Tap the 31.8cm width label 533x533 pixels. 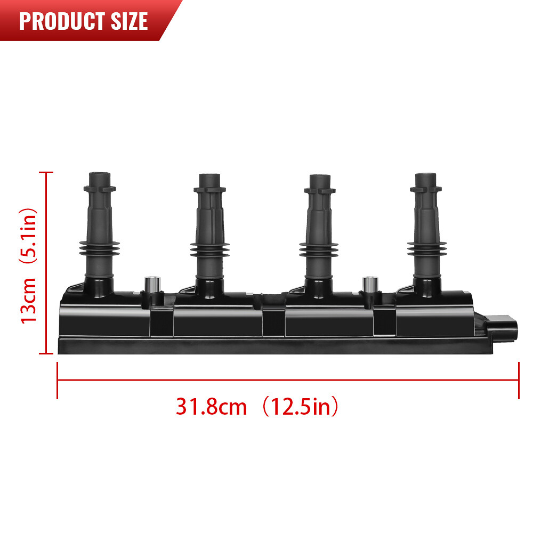(212, 407)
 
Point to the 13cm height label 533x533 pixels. (29, 300)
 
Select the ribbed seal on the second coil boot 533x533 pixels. (208, 250)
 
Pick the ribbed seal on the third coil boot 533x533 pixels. (318, 250)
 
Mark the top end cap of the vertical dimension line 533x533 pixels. (47, 173)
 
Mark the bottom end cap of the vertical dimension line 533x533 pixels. (47, 353)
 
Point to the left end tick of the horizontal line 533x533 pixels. (58, 380)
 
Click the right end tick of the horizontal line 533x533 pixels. (518, 380)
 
